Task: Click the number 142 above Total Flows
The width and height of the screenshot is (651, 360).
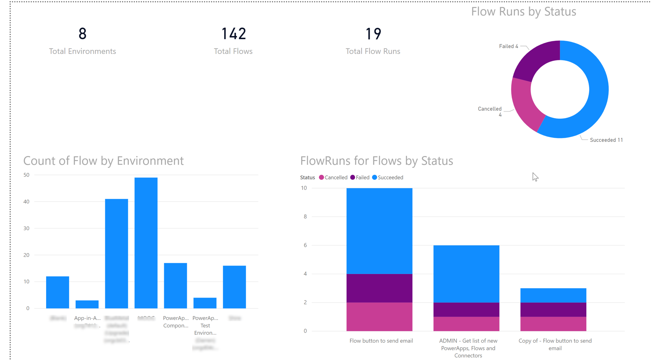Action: click(x=233, y=34)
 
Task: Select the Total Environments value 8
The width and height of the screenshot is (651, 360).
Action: click(x=82, y=34)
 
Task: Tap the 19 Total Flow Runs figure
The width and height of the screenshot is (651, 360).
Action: click(x=373, y=34)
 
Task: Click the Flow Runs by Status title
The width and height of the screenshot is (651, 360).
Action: click(x=523, y=12)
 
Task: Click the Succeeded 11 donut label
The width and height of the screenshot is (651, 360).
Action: click(x=606, y=140)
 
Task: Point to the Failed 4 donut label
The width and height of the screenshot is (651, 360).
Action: click(x=508, y=46)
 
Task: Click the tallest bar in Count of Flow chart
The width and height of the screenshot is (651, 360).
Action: click(x=146, y=243)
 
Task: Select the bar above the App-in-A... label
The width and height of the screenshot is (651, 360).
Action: click(x=87, y=304)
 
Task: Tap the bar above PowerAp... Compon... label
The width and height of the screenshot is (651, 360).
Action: click(x=175, y=285)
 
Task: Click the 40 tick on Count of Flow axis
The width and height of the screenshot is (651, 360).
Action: click(x=26, y=202)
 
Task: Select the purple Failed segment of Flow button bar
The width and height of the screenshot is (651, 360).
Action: click(x=379, y=288)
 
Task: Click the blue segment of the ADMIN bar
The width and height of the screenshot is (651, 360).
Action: click(x=466, y=274)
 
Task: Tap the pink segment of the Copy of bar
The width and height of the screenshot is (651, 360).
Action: click(x=553, y=324)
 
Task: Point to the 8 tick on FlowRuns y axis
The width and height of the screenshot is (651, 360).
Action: click(x=305, y=217)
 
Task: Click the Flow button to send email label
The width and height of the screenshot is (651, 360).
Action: click(x=381, y=341)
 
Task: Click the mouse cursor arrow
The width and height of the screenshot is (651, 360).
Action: click(x=535, y=177)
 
